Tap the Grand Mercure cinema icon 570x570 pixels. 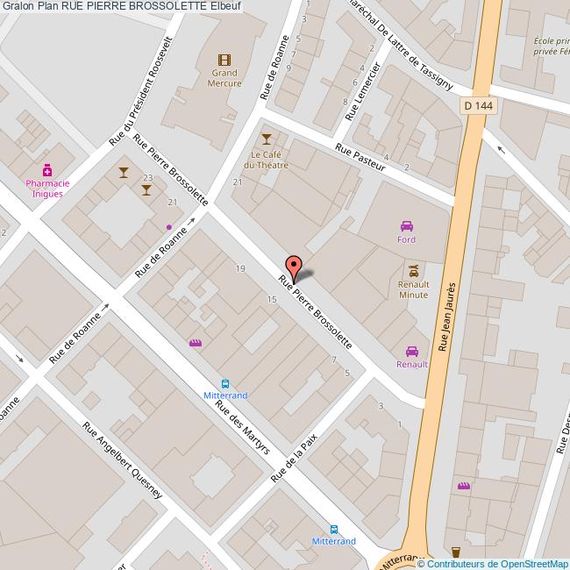225,60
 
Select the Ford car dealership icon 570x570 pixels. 406,225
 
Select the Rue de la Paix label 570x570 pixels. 294,457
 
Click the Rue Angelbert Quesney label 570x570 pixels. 122,460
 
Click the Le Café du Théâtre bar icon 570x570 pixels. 267,139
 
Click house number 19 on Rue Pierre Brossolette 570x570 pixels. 240,267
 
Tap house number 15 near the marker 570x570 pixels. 272,300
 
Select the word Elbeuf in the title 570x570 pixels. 225,7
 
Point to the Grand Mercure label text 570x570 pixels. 224,78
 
